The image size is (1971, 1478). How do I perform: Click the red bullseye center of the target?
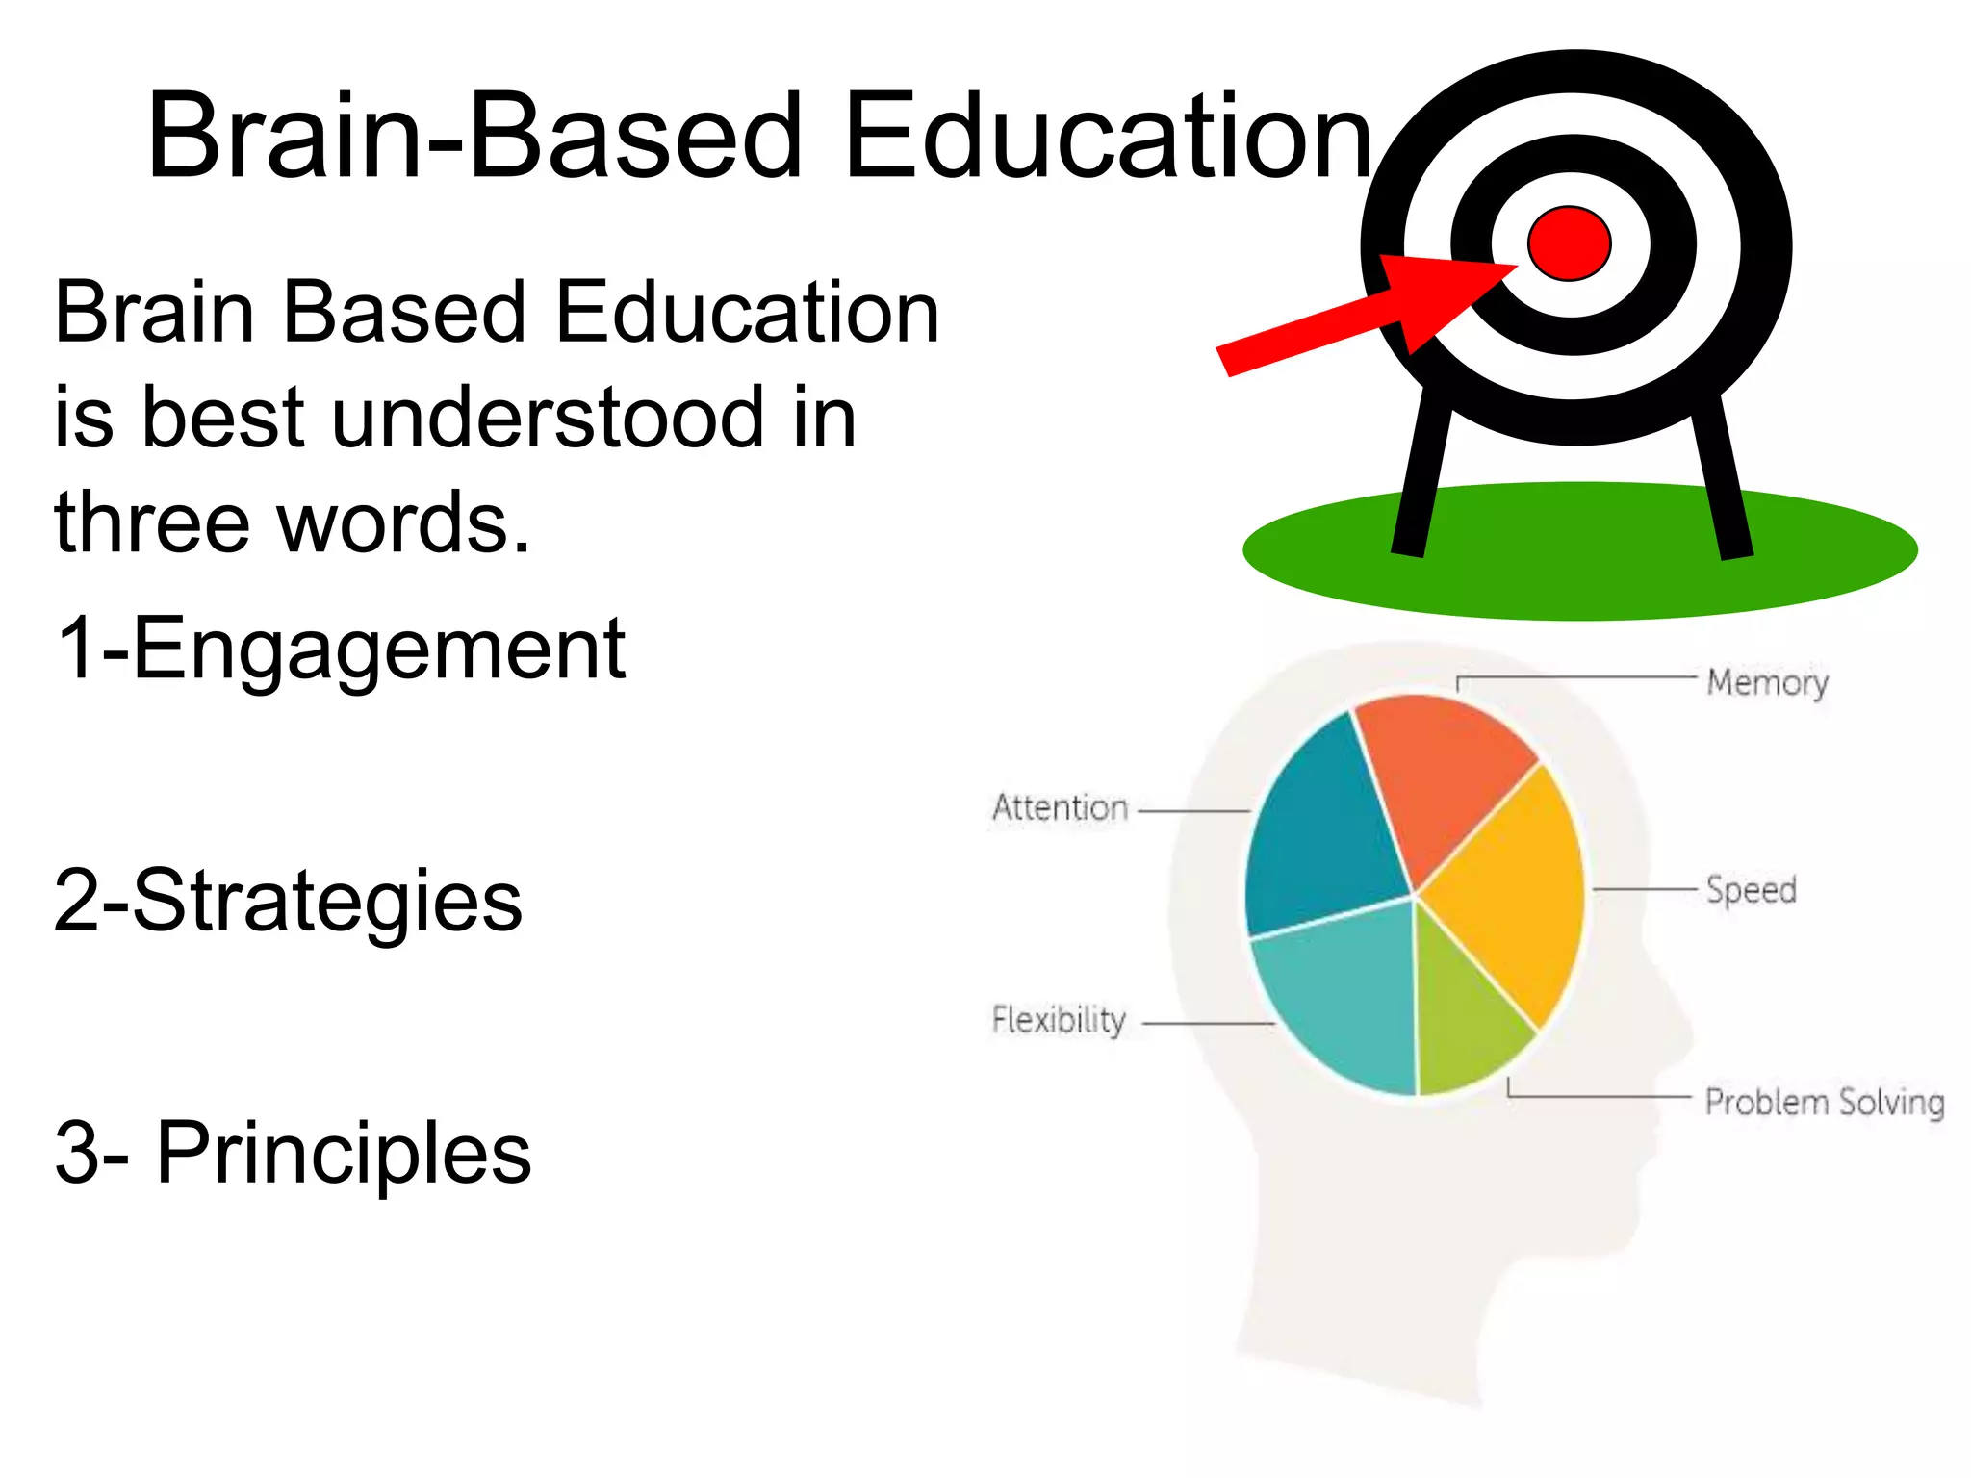1569,243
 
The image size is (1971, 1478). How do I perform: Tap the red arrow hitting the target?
1367,313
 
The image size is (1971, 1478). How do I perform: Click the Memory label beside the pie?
1767,682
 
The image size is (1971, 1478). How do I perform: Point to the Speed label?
1751,890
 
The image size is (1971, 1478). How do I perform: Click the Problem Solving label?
1824,1102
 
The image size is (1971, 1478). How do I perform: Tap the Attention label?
1060,808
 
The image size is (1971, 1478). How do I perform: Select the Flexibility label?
1059,1020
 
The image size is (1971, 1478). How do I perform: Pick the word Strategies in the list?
327,902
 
